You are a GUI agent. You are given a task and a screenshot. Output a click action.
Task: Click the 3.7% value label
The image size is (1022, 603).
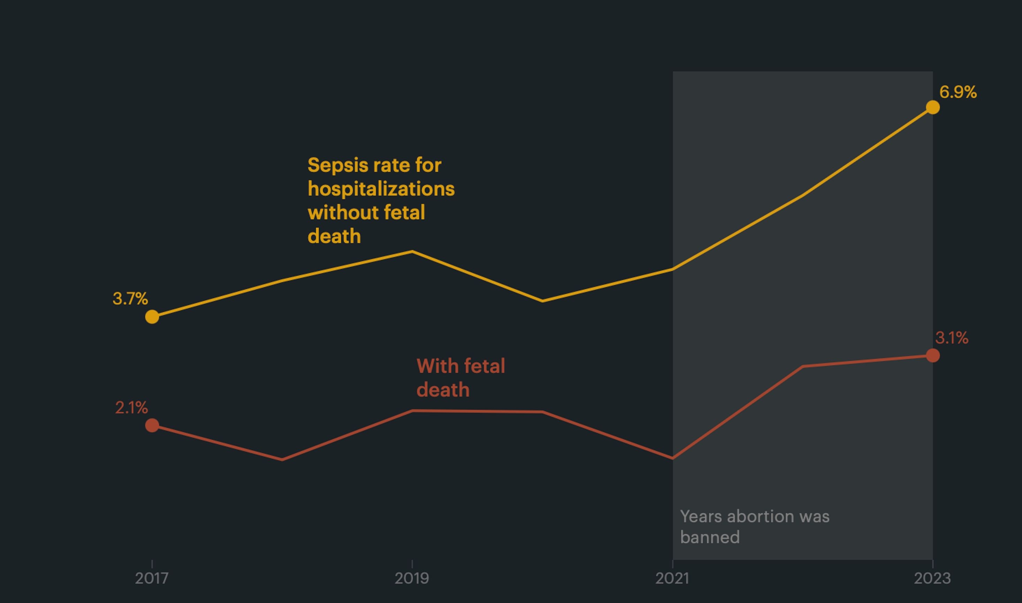coord(130,299)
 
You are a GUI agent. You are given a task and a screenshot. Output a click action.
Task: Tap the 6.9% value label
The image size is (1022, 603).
coord(958,92)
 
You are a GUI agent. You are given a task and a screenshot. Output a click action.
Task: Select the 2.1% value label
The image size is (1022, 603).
coord(131,408)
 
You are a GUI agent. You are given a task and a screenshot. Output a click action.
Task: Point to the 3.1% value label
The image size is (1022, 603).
coord(952,338)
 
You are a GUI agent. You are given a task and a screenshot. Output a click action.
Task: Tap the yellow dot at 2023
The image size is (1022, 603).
coord(933,107)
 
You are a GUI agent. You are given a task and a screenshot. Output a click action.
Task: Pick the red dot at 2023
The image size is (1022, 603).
coord(933,356)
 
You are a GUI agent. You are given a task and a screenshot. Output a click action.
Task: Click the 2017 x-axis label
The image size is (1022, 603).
coord(152,578)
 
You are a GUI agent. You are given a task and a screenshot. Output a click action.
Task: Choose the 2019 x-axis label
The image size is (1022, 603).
coord(412,578)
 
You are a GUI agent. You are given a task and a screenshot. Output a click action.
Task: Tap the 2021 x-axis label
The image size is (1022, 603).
coord(672,578)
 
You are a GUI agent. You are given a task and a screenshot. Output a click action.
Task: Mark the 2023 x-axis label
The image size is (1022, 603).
coord(932,578)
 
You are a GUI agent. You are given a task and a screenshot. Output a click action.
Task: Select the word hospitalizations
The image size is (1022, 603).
coord(381,189)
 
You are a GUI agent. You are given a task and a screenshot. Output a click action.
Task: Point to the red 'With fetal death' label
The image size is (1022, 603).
coord(461,378)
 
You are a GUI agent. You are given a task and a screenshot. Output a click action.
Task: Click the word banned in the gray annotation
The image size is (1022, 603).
coord(710,537)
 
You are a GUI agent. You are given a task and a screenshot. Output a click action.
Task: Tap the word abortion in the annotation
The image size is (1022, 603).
coord(760,516)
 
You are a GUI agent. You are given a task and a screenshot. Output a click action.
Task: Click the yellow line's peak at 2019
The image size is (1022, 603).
coord(412,252)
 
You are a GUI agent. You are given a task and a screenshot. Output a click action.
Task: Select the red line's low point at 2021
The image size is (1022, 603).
coord(672,458)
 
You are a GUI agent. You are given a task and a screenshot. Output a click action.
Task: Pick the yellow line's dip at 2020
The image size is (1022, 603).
coord(543,301)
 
